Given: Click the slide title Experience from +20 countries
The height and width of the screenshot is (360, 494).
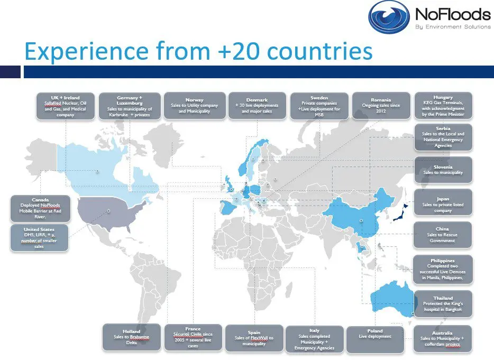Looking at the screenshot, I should click(x=198, y=52).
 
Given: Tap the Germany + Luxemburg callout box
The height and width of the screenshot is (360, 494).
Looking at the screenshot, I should click(x=130, y=106).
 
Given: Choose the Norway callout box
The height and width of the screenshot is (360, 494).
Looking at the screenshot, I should click(x=195, y=105).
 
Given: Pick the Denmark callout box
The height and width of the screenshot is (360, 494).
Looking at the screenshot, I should click(x=257, y=105).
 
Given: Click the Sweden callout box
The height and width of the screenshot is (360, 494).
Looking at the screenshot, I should click(x=319, y=106).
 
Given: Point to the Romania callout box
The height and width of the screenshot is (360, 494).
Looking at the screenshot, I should click(x=381, y=105).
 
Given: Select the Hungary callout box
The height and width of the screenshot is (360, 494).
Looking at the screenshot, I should click(x=443, y=106).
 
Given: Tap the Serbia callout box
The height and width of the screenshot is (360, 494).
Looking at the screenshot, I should click(x=443, y=137).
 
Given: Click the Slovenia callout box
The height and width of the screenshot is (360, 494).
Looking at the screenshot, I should click(x=443, y=170).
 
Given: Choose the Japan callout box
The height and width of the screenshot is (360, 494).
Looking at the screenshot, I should click(x=443, y=202).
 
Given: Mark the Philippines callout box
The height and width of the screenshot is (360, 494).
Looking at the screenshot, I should click(x=443, y=269).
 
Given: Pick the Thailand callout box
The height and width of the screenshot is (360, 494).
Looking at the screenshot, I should click(x=443, y=303).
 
